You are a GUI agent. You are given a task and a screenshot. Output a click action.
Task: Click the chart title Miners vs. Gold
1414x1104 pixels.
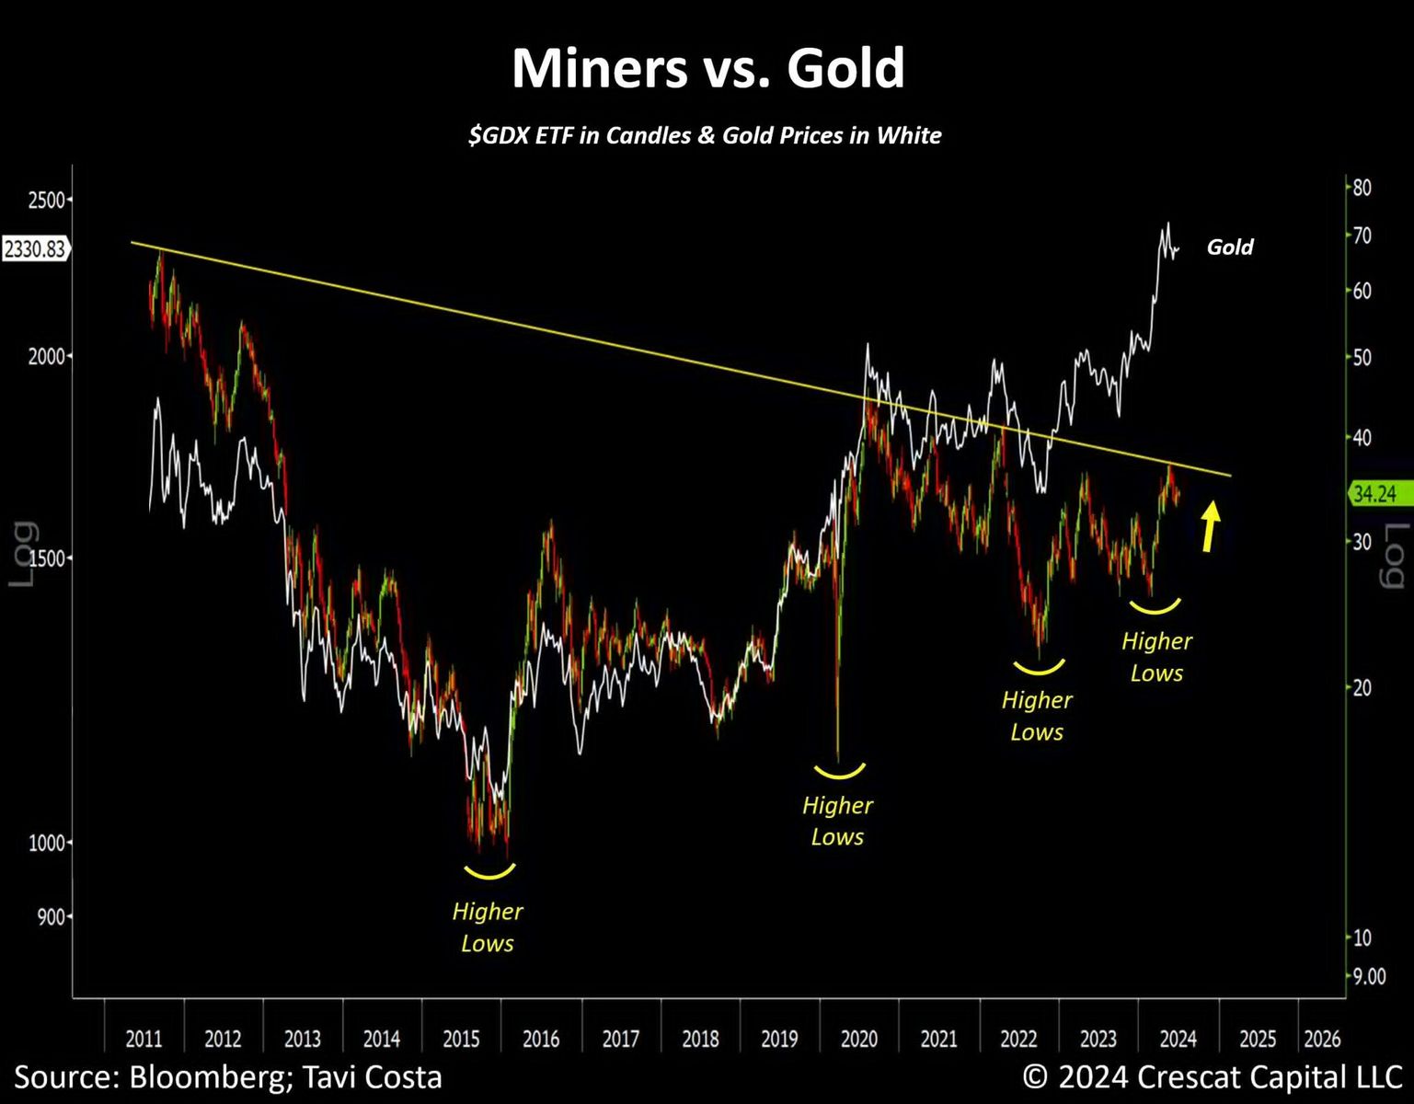coord(707,68)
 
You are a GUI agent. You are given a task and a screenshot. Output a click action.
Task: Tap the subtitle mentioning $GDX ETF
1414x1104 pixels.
coord(705,135)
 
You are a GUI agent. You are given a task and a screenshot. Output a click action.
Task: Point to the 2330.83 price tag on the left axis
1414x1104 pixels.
coord(35,248)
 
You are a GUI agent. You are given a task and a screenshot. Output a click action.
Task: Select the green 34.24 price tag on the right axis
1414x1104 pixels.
coord(1374,494)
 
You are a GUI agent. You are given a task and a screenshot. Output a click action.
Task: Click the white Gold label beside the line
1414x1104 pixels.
coord(1230,247)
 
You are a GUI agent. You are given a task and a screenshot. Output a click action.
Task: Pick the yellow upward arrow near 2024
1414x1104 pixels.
coord(1211,525)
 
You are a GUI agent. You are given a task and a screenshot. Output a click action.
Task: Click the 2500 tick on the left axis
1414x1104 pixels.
coord(46,200)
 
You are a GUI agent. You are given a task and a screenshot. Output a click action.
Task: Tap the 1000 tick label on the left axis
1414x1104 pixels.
coord(46,843)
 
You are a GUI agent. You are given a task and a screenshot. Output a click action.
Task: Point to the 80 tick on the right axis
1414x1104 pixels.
coord(1362,188)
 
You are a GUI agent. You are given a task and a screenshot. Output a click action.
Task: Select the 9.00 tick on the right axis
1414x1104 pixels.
coord(1369,976)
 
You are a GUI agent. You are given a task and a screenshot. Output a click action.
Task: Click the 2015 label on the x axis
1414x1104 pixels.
coord(461,1039)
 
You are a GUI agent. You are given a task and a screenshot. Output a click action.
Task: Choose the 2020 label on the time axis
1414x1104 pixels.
coord(859,1039)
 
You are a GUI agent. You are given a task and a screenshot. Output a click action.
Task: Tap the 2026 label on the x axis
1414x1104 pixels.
coord(1322,1039)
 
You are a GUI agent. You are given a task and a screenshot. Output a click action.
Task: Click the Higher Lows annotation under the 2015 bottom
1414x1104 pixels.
coord(488,927)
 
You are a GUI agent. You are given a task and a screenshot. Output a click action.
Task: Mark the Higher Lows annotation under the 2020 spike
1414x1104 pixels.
coord(837,821)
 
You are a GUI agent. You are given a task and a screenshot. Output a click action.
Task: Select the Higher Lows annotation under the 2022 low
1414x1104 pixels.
coord(1037,716)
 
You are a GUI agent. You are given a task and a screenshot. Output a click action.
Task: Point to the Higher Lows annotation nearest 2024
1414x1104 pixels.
coord(1156,657)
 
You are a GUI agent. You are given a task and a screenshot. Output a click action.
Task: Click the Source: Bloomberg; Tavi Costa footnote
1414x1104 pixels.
coord(228,1077)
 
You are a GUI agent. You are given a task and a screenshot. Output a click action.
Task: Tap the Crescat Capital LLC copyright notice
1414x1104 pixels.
coord(1213,1077)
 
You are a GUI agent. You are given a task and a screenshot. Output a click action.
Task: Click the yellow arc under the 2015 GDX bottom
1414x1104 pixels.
coord(489,871)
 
